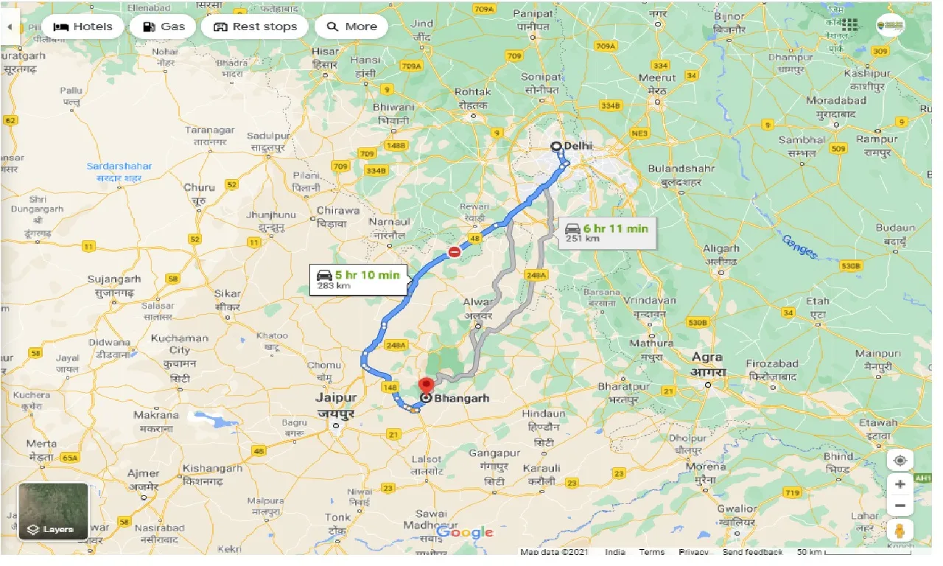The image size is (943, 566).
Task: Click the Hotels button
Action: pyautogui.click(x=83, y=27)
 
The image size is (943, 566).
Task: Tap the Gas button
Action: pyautogui.click(x=163, y=27)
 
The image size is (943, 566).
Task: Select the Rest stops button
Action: pyautogui.click(x=255, y=27)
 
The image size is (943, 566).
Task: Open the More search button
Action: pyautogui.click(x=351, y=27)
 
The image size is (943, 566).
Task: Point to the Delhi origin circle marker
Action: pyautogui.click(x=556, y=146)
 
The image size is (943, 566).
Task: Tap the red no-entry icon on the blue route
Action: pyautogui.click(x=455, y=253)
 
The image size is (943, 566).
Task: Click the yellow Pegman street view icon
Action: pyautogui.click(x=900, y=530)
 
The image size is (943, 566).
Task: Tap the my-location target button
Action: pyautogui.click(x=900, y=461)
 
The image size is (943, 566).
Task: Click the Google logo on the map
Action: pyautogui.click(x=464, y=532)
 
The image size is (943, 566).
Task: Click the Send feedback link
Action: pyautogui.click(x=752, y=552)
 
